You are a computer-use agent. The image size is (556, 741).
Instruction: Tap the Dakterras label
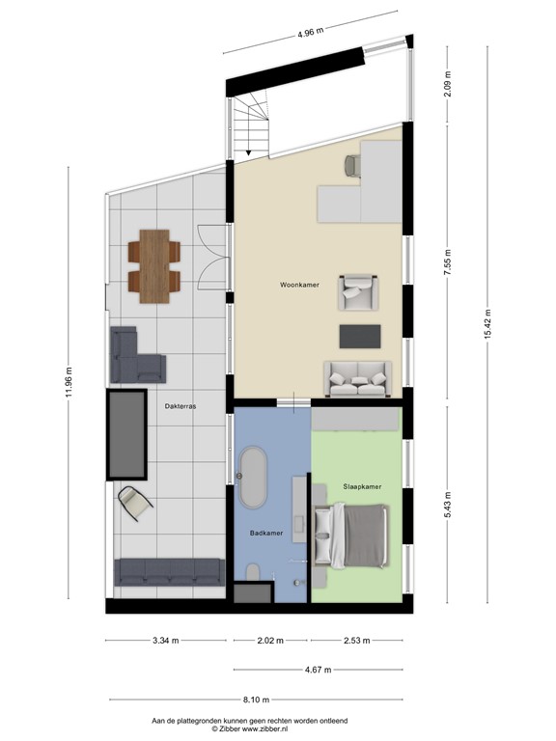pyautogui.click(x=181, y=407)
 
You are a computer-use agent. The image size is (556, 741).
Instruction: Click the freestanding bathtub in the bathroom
pyautogui.click(x=255, y=479)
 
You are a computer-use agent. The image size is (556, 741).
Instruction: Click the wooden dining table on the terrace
pyautogui.click(x=153, y=265)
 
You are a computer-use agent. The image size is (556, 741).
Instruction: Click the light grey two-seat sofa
pyautogui.click(x=359, y=378)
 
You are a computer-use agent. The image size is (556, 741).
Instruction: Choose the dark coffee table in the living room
pyautogui.click(x=360, y=335)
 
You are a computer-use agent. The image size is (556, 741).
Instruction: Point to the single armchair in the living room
pyautogui.click(x=357, y=293)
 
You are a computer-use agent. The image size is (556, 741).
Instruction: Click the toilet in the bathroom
pyautogui.click(x=252, y=575)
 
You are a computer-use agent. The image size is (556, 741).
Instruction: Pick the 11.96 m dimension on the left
pyautogui.click(x=68, y=383)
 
